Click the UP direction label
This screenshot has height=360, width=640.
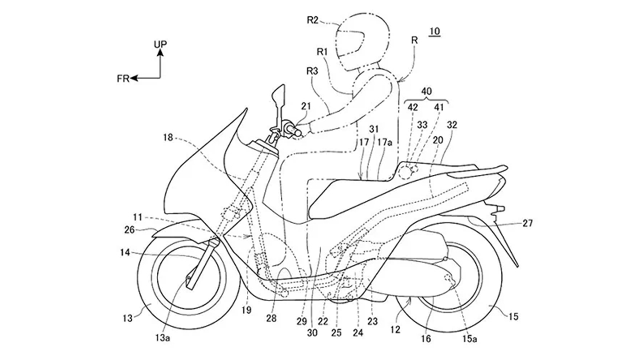[160, 44]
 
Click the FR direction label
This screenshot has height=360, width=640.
[123, 79]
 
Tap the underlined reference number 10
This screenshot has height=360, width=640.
[435, 32]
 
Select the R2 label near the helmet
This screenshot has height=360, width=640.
[312, 20]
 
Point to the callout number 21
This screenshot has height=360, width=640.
[306, 106]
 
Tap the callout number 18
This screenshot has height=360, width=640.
[168, 138]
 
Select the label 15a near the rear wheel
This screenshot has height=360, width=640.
[470, 339]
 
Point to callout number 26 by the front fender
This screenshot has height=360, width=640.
[130, 230]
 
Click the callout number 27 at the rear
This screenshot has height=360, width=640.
[528, 223]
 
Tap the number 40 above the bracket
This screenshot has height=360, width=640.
[427, 91]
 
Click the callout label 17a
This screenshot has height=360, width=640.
[386, 142]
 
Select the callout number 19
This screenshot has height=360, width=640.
[247, 310]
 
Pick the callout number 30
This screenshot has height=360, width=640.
[312, 332]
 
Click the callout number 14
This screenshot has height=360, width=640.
[125, 252]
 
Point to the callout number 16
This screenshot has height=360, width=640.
[426, 339]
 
